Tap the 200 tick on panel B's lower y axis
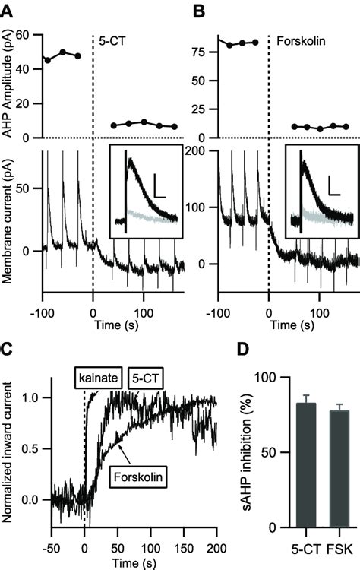click(201, 150)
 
